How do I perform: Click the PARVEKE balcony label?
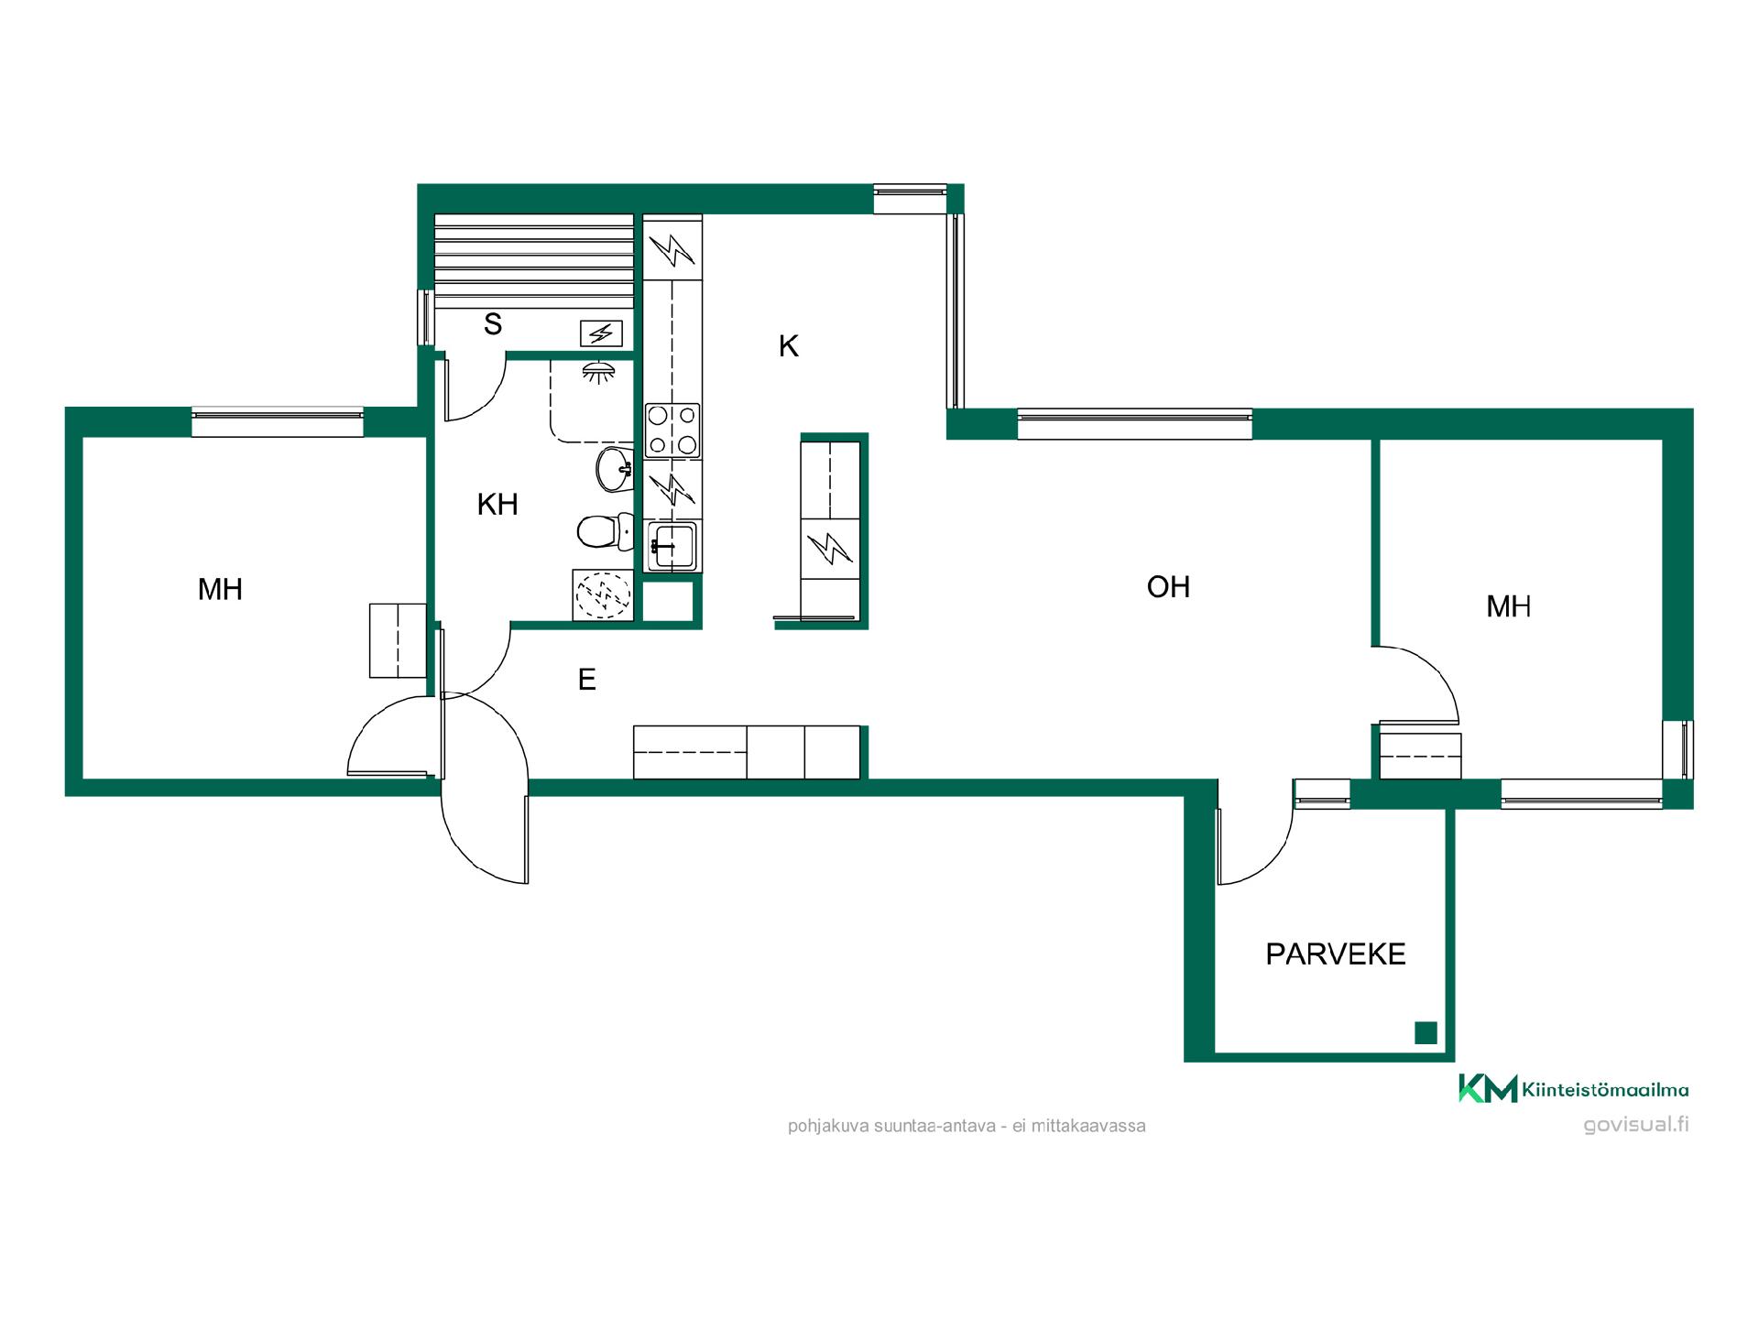[1335, 954]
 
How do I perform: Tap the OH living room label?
[1168, 586]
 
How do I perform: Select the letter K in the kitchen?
[788, 346]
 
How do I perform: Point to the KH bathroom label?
[497, 504]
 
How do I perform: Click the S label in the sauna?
[493, 323]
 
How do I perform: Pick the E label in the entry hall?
[587, 679]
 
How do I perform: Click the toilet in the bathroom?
[606, 531]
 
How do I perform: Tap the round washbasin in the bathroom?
[615, 470]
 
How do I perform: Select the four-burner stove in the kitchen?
[672, 431]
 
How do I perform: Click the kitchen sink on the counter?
[672, 546]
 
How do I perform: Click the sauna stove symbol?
[601, 333]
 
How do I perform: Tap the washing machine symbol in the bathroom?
[603, 595]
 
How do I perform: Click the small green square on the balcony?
[1426, 1032]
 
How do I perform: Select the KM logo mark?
[1488, 1088]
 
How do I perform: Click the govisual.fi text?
[1636, 1125]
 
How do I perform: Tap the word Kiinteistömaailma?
[1605, 1089]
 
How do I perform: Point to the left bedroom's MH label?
[220, 589]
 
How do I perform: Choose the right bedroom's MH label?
[1509, 606]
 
